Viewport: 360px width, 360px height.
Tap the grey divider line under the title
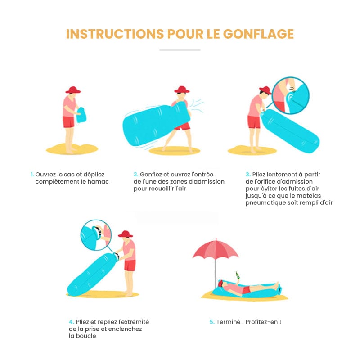pos(180,49)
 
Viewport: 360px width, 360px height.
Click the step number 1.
pos(32,174)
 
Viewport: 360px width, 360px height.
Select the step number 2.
pos(135,174)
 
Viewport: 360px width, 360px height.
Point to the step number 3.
pos(248,174)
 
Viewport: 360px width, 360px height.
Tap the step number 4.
pos(71,322)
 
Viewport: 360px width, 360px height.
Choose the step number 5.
pos(211,322)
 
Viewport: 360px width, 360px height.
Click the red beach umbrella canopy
pos(216,250)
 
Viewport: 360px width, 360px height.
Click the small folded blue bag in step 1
pos(81,115)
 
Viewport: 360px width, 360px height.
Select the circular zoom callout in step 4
pos(95,235)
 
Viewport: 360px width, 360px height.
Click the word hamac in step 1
pos(99,181)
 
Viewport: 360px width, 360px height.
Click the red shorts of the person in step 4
pos(130,265)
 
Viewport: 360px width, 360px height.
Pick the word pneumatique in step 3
pos(265,203)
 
